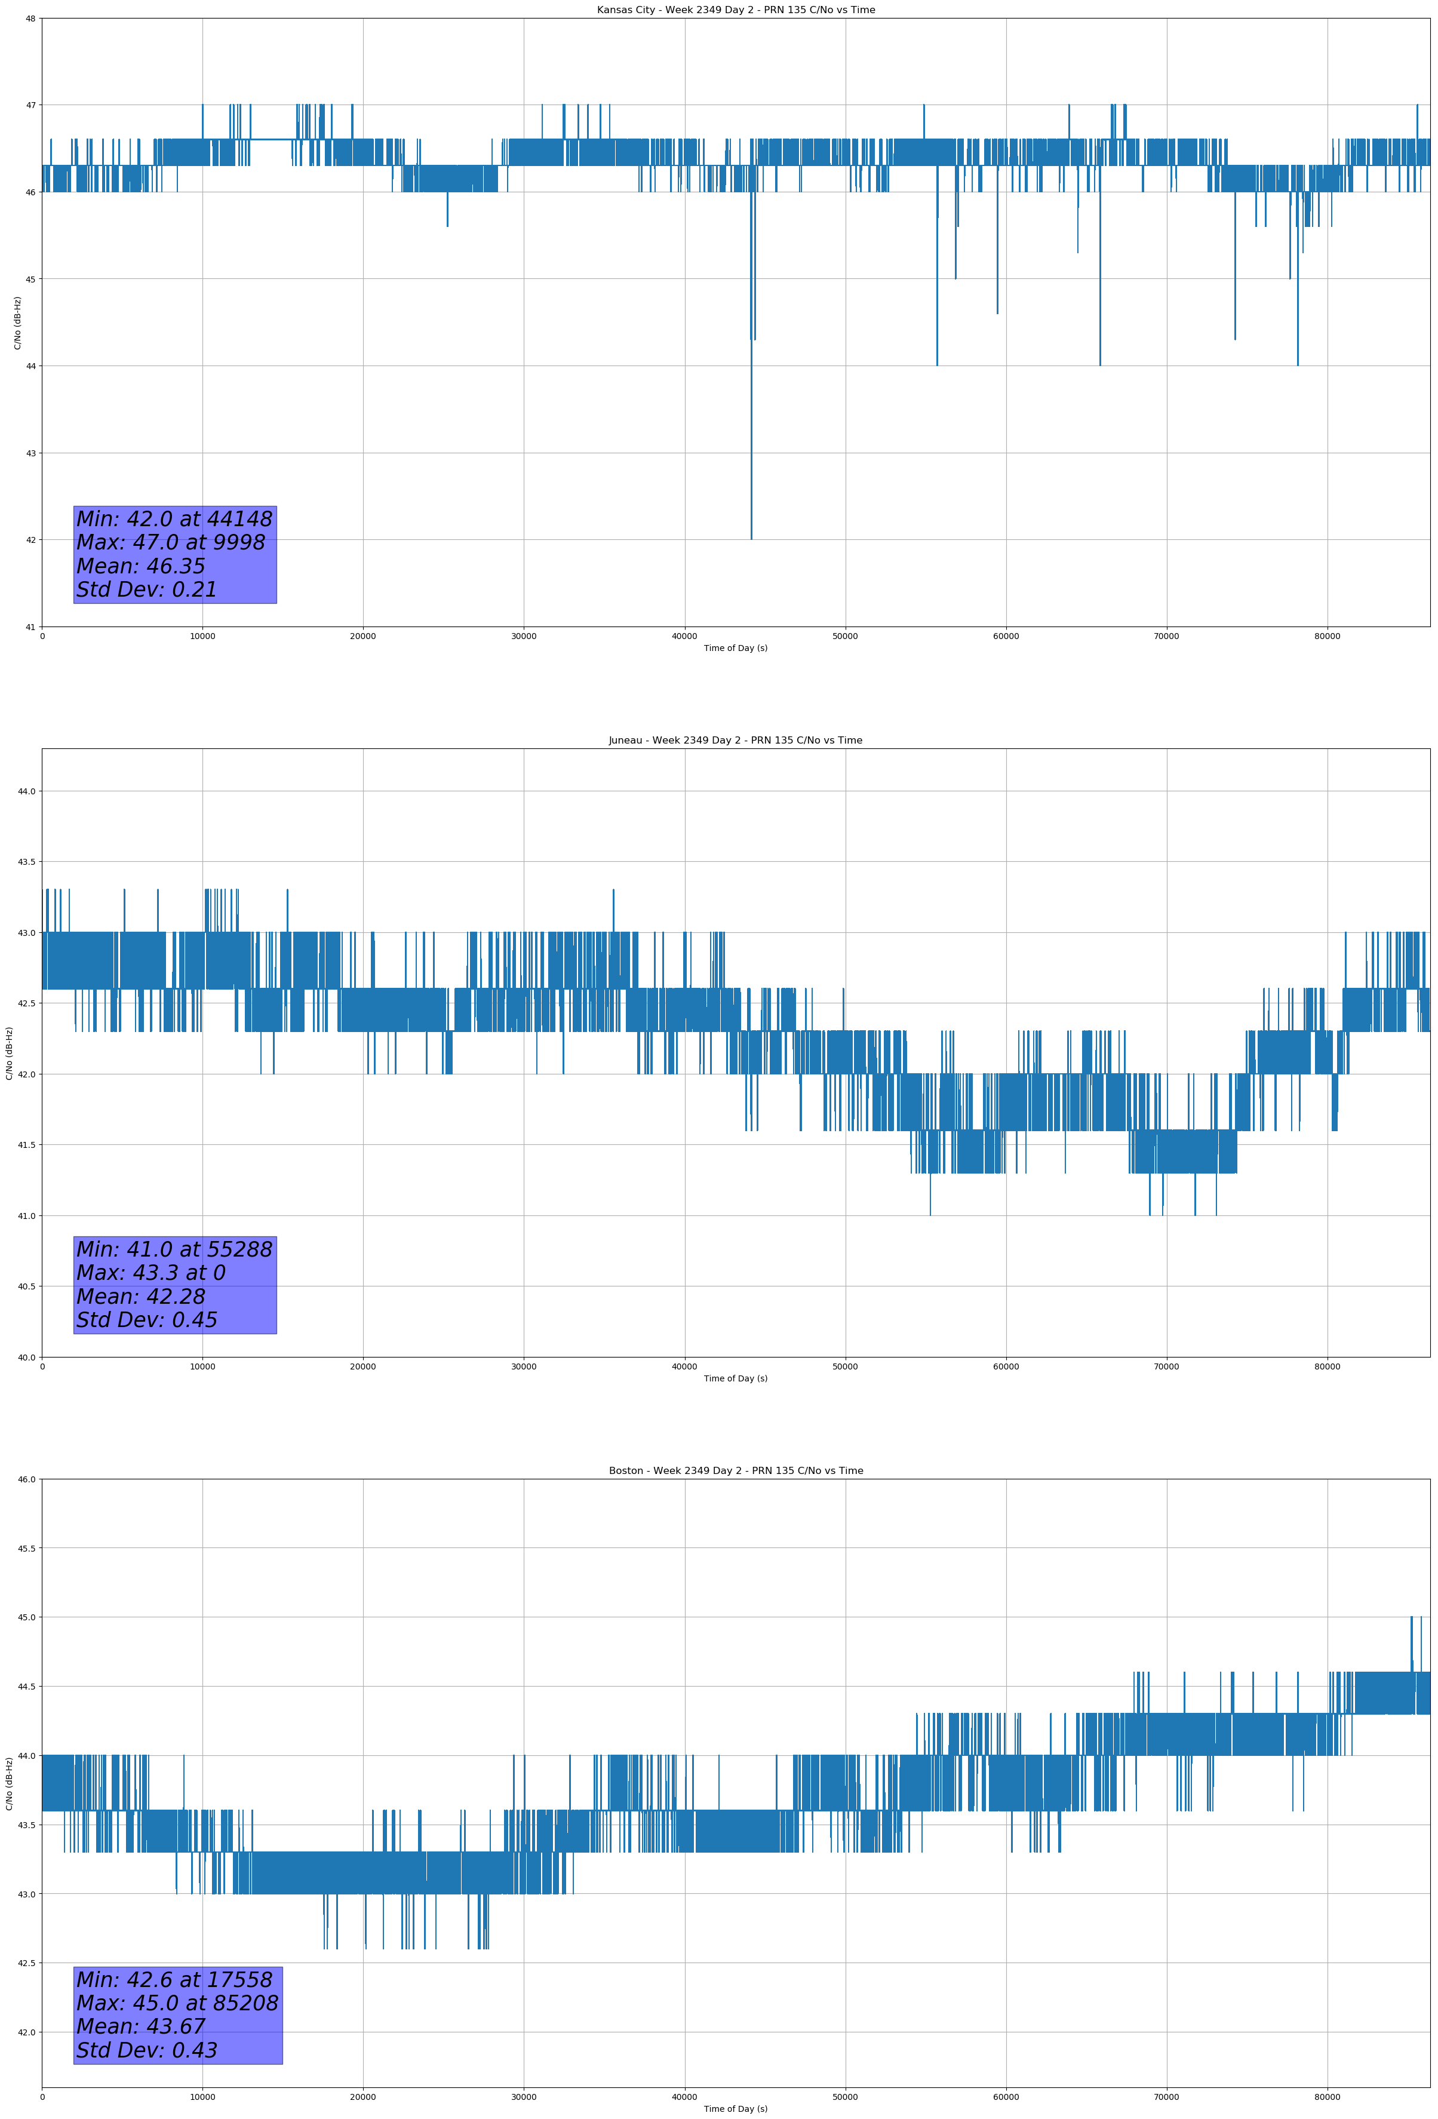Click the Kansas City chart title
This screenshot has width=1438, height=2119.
[x=735, y=10]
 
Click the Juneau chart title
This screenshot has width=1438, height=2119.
[x=735, y=741]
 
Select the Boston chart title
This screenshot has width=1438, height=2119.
[x=735, y=1471]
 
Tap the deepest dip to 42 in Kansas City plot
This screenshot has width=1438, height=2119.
[x=751, y=536]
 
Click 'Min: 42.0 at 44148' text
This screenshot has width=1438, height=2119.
[x=174, y=519]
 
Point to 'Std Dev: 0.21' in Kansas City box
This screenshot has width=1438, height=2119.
[x=147, y=590]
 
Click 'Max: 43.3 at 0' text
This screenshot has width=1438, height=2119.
[x=150, y=1273]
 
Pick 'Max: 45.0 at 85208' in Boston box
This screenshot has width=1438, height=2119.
[x=177, y=2003]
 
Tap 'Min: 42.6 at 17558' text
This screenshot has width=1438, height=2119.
[x=174, y=1979]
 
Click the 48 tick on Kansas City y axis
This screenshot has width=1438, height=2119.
[x=31, y=19]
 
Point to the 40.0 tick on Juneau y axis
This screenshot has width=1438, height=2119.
[x=26, y=1357]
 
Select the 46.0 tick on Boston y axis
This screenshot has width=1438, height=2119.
[x=26, y=1479]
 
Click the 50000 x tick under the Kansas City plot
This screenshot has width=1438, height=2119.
[x=844, y=637]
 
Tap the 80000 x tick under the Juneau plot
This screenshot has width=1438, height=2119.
[x=1327, y=1366]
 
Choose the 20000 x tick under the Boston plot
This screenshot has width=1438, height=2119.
[x=363, y=2097]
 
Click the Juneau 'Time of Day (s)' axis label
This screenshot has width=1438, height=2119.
[x=735, y=1378]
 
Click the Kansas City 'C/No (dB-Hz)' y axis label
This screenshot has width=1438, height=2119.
[x=17, y=323]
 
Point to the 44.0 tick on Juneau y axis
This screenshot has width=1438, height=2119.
[x=26, y=791]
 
